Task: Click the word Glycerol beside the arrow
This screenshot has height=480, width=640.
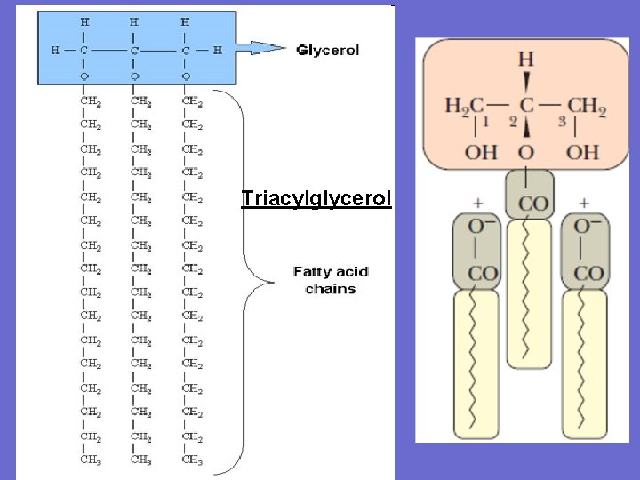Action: pos(327,51)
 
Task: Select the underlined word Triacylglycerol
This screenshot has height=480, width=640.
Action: pos(316,198)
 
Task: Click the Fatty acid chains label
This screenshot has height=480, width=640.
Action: pos(331,280)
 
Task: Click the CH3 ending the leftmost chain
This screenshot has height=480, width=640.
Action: pos(90,460)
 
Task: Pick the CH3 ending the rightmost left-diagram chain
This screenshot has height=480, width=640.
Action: pos(192,460)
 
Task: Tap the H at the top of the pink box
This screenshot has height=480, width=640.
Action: pos(526,60)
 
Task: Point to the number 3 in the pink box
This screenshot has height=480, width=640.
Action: pos(561,122)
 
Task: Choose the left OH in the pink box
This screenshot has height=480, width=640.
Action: pos(481,152)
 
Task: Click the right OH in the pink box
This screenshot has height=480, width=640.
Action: pos(583,152)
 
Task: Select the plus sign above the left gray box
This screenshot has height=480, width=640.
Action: pos(477,203)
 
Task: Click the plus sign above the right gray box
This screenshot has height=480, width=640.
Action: pos(584,203)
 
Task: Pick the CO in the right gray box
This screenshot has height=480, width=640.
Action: pos(587,274)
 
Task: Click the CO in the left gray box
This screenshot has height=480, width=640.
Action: pos(483,274)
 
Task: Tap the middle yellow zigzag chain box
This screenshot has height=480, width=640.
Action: pos(528,293)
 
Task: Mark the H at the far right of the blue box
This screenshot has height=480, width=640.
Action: pos(218,51)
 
